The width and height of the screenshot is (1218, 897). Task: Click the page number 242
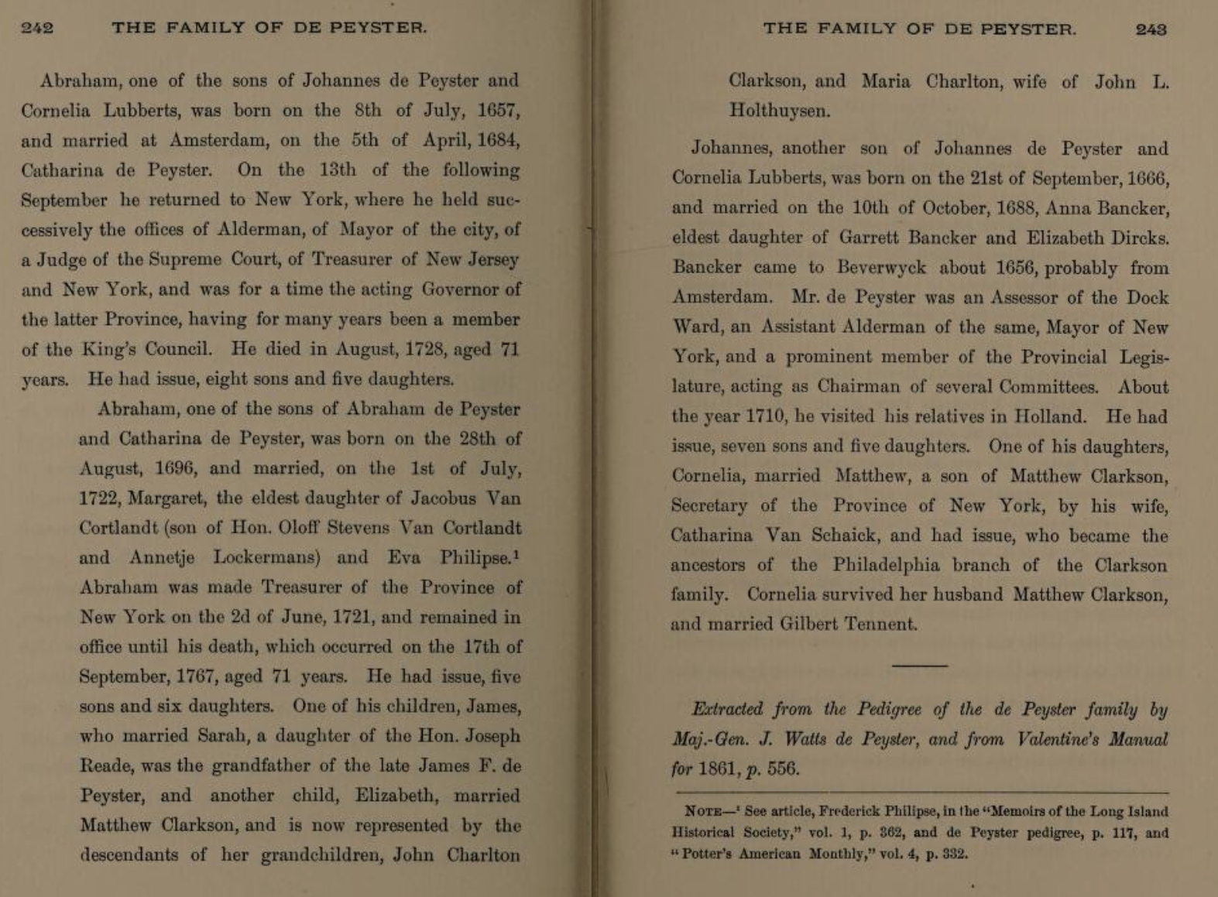[37, 29]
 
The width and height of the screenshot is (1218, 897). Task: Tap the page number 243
[1151, 29]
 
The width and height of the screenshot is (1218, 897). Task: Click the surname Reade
[104, 766]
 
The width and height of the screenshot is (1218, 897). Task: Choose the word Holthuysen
[779, 111]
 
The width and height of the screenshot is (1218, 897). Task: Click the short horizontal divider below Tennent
[919, 665]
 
